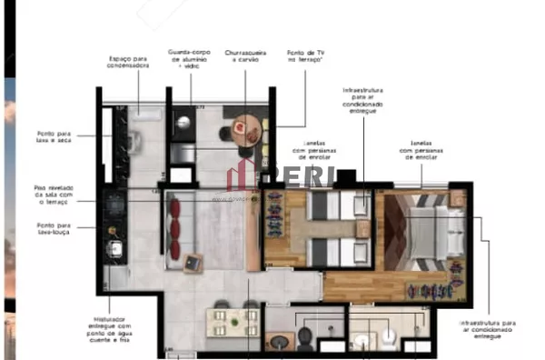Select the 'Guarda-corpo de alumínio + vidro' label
click(190, 60)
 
